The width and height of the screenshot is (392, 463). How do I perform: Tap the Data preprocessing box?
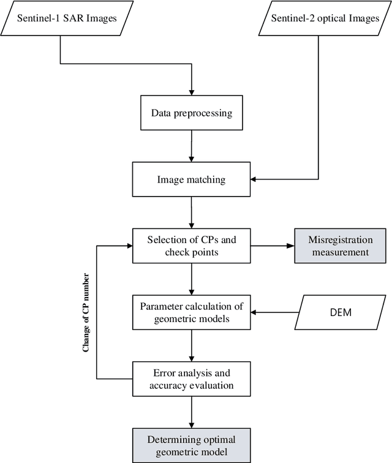tap(192, 113)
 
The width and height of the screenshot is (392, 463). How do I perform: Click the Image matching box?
tap(192, 179)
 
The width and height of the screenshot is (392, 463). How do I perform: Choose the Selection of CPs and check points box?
tap(192, 246)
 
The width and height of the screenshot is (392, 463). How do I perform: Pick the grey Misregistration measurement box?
tap(341, 246)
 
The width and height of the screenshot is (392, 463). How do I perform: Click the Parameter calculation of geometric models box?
tap(192, 312)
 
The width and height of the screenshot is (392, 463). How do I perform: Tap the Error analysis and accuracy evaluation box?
tap(192, 378)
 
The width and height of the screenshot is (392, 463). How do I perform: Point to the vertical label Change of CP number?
tap(86, 312)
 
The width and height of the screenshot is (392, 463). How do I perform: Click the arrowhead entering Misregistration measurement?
tap(290, 246)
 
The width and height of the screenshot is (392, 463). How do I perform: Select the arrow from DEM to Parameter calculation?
tap(276, 312)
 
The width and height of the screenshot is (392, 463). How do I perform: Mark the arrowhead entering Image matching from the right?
tap(255, 179)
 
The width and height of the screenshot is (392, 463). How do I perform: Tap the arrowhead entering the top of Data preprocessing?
tap(192, 92)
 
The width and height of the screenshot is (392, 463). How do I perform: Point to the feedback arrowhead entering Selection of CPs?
tap(129, 246)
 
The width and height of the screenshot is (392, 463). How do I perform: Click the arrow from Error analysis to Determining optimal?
tap(192, 411)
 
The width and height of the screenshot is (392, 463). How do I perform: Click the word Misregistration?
tap(341, 240)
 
